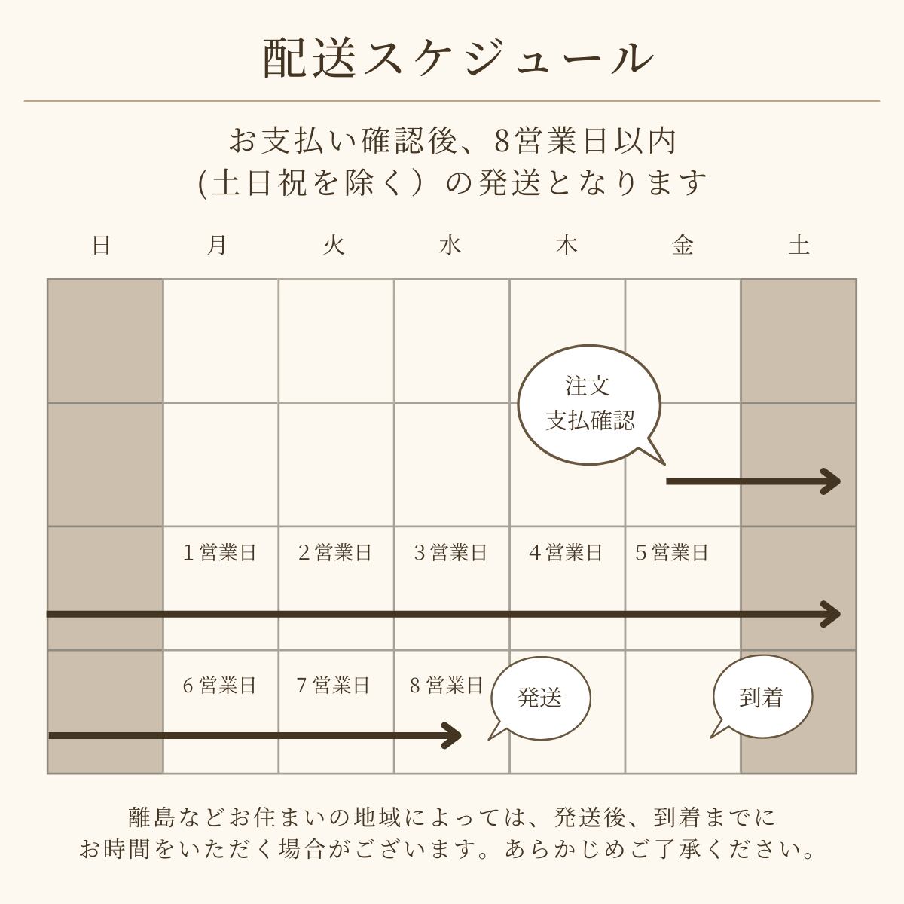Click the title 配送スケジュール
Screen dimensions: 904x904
point(457,58)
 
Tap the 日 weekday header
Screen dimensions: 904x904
point(102,246)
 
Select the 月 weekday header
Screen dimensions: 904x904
point(217,246)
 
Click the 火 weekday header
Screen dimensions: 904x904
point(333,246)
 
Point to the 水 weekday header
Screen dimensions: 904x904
point(450,246)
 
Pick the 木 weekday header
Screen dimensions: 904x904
point(566,246)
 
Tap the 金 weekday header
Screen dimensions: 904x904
point(683,246)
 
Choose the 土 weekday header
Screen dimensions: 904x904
point(799,246)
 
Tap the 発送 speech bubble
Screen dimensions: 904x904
point(540,698)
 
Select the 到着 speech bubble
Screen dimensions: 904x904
point(762,698)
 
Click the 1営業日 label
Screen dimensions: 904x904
point(219,553)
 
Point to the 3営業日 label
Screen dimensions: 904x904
point(450,553)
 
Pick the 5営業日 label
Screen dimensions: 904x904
point(671,553)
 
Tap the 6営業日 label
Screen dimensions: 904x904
point(219,686)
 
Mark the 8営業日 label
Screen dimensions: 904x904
point(446,686)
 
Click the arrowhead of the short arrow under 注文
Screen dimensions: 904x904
point(832,481)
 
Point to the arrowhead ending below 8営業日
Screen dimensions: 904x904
point(452,735)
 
